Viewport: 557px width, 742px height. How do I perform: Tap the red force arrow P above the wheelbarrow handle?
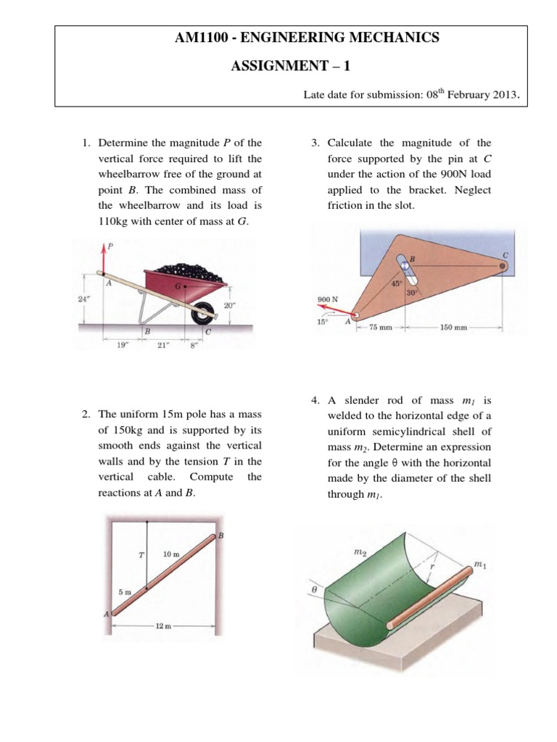coord(102,259)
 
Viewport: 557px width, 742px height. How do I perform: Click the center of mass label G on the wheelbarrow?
coord(177,287)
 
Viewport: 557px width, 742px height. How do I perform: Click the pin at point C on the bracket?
coord(502,266)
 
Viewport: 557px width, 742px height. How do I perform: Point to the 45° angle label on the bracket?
coord(397,283)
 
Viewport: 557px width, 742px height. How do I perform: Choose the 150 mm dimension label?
coord(455,327)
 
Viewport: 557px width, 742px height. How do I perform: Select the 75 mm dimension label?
coord(380,327)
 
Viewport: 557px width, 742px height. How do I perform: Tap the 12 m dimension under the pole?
coord(163,625)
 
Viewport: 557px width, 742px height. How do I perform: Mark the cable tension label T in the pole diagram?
coord(140,556)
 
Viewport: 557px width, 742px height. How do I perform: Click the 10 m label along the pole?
coord(171,554)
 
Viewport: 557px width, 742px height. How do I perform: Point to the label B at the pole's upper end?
coord(220,536)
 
